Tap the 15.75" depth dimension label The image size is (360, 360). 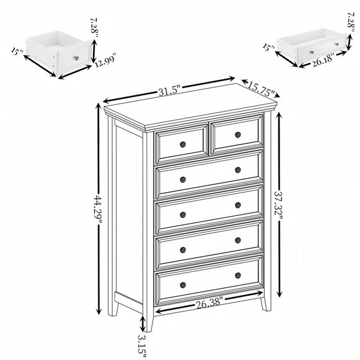261,88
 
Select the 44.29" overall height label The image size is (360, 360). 98,209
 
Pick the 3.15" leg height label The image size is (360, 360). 142,346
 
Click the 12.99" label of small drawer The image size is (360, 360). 106,60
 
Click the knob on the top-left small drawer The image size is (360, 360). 183,145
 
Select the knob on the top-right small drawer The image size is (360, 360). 238,135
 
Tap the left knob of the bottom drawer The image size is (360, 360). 183,285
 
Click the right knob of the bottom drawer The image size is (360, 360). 238,275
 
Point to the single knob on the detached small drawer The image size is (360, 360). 76,58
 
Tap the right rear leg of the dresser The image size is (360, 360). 266,304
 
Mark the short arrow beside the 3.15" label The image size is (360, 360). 143,324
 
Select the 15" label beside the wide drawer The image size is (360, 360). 269,47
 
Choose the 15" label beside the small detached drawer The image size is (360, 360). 17,52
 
